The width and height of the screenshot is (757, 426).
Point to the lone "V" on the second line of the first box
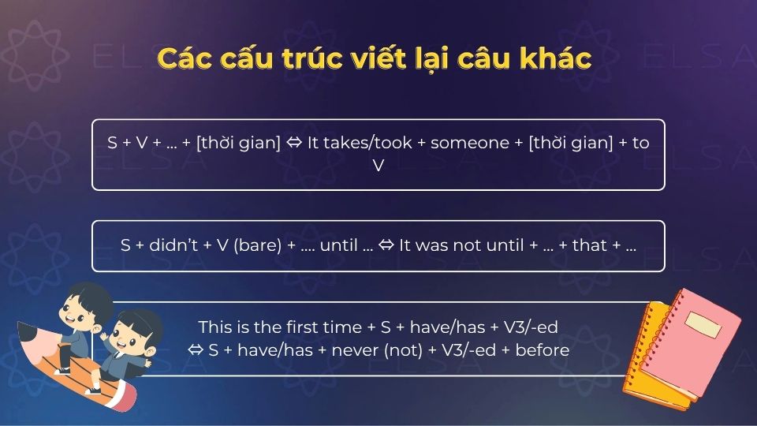(378, 166)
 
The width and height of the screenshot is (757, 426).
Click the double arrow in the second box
(386, 245)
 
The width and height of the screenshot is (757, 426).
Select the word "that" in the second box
(589, 245)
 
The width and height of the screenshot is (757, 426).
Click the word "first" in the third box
(296, 327)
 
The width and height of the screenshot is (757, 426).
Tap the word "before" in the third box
(542, 349)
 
